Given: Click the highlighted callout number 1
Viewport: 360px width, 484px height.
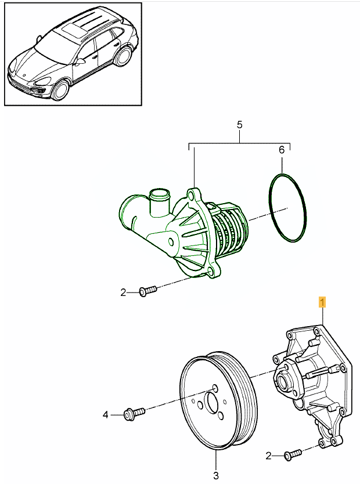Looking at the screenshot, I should click(x=322, y=302).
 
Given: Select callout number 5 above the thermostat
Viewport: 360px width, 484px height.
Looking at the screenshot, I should click(x=239, y=125).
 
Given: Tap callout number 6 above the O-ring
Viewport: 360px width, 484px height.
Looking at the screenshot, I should click(x=282, y=150).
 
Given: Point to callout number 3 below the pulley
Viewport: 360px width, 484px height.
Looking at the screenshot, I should click(x=215, y=476).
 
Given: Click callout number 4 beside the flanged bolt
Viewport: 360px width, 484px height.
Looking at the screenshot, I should click(x=106, y=414).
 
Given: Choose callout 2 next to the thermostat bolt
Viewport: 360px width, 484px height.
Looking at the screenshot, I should click(x=123, y=292).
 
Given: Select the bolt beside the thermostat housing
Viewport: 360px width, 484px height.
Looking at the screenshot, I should click(x=147, y=290).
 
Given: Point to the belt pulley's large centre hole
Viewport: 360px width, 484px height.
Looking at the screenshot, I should click(x=210, y=402).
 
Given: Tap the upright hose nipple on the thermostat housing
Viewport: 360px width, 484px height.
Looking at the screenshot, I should click(x=158, y=200).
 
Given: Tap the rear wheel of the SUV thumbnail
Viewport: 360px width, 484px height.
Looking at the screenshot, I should click(x=124, y=56).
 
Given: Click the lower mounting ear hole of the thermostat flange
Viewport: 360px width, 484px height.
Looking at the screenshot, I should click(x=213, y=271).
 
